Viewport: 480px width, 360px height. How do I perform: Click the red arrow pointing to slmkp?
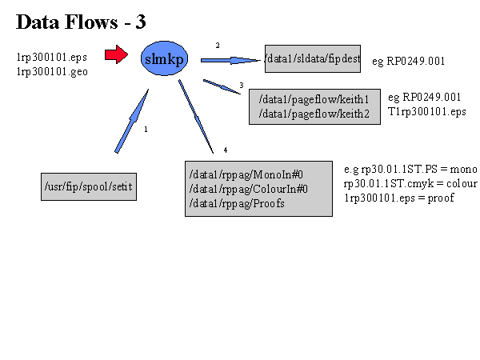[x=116, y=55]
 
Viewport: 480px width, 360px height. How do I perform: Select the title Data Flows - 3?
[x=81, y=22]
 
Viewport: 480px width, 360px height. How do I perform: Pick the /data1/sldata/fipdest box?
[x=314, y=59]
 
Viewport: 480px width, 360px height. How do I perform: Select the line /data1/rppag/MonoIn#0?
[x=238, y=175]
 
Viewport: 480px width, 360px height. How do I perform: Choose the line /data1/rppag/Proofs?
[x=226, y=203]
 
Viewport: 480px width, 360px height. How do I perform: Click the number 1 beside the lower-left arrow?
[x=146, y=129]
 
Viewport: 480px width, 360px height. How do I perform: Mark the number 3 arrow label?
[x=241, y=85]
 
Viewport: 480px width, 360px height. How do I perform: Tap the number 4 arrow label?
[x=226, y=150]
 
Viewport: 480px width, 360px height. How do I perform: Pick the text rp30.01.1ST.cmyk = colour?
[x=410, y=184]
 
